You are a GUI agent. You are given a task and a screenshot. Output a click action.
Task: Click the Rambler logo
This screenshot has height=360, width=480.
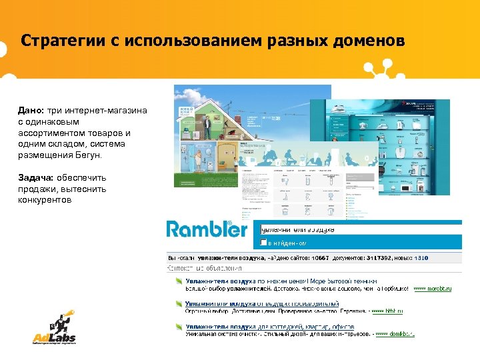[207, 229]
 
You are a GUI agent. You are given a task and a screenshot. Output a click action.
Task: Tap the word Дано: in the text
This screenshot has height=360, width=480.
[31, 110]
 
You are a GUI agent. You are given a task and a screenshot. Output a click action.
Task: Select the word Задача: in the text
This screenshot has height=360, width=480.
[36, 178]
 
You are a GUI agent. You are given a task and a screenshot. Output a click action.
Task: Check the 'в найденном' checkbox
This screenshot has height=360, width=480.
[264, 242]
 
